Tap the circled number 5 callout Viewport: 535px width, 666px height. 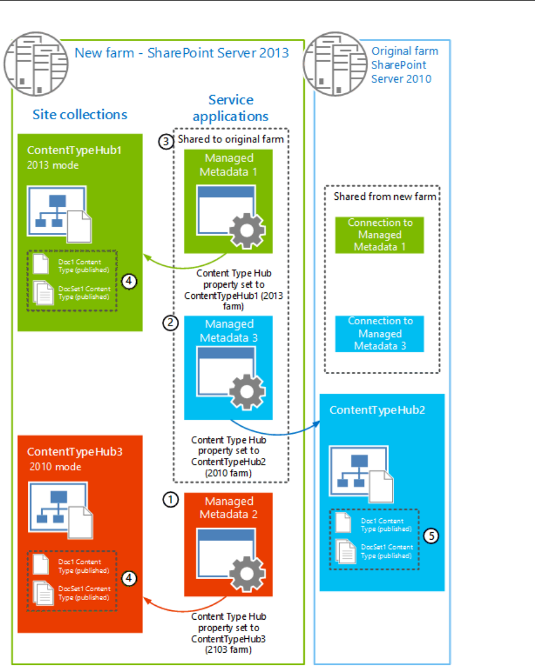[430, 536]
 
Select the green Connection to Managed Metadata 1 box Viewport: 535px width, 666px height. [380, 235]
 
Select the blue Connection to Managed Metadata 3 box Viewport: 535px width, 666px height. [380, 334]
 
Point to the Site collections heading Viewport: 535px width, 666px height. [80, 114]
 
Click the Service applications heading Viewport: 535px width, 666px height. [231, 108]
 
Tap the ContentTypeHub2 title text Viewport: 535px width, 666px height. [377, 410]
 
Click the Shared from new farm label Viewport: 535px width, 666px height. [384, 196]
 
